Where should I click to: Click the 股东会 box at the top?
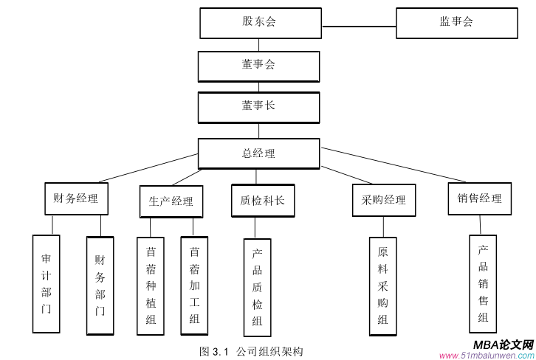point(260,23)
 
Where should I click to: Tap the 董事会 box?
point(258,66)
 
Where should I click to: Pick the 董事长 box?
point(258,107)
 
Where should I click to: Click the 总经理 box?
point(258,153)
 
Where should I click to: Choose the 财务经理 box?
point(76,198)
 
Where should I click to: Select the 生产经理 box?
point(171,201)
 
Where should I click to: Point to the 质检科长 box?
point(262,200)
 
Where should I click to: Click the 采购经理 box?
point(383,200)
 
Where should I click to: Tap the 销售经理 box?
point(479,198)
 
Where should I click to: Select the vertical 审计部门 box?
point(46,283)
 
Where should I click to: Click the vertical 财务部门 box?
point(100,285)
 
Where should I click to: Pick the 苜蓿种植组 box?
point(151,285)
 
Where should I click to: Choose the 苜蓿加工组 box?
point(194,285)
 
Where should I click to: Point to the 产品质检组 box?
point(257,286)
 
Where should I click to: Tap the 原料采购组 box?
point(382,286)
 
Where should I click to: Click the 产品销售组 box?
point(483,283)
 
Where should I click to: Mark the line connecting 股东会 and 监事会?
point(359,27)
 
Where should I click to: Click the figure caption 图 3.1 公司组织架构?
point(251,351)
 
